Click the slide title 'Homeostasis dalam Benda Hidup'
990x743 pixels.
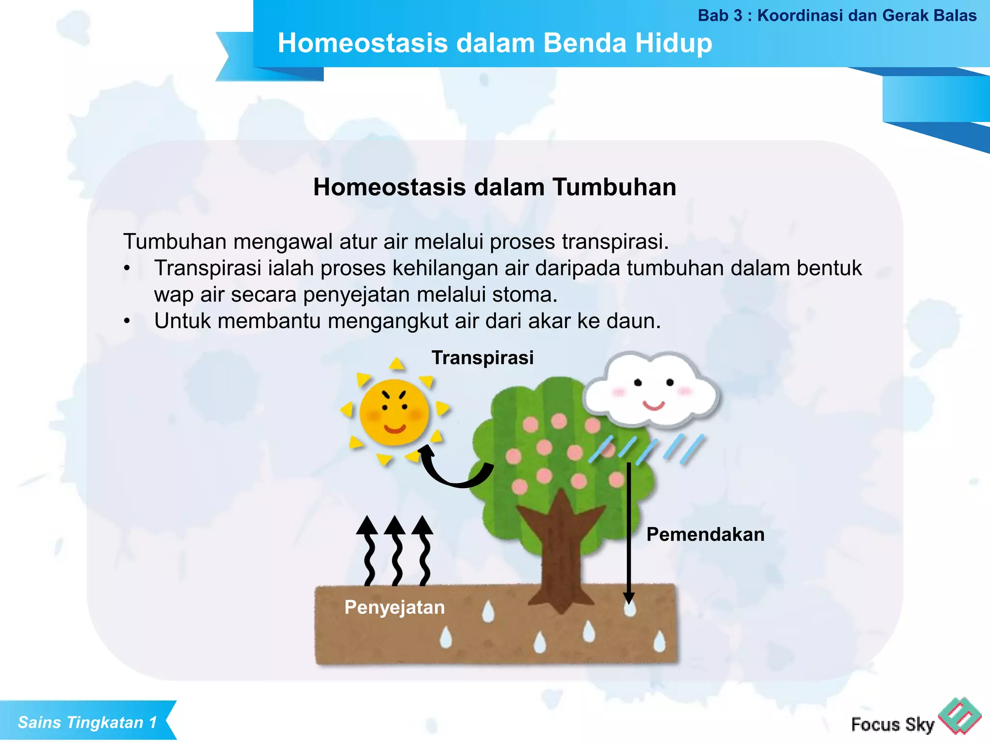(x=495, y=43)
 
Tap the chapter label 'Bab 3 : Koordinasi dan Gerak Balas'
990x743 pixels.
(x=837, y=15)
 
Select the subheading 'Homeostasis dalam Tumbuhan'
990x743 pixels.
(x=495, y=187)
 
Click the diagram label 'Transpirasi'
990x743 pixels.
(x=482, y=358)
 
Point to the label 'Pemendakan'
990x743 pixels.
(x=705, y=535)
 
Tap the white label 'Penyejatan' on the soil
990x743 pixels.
(x=394, y=607)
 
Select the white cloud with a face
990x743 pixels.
(x=650, y=389)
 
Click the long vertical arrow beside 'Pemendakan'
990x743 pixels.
(x=628, y=532)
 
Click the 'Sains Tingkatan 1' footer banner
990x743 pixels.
(x=87, y=722)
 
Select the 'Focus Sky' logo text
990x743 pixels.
(x=892, y=724)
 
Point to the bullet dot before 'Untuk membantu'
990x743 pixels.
(x=127, y=321)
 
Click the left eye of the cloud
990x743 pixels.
(x=638, y=383)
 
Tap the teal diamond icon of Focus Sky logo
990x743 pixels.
(x=959, y=716)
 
